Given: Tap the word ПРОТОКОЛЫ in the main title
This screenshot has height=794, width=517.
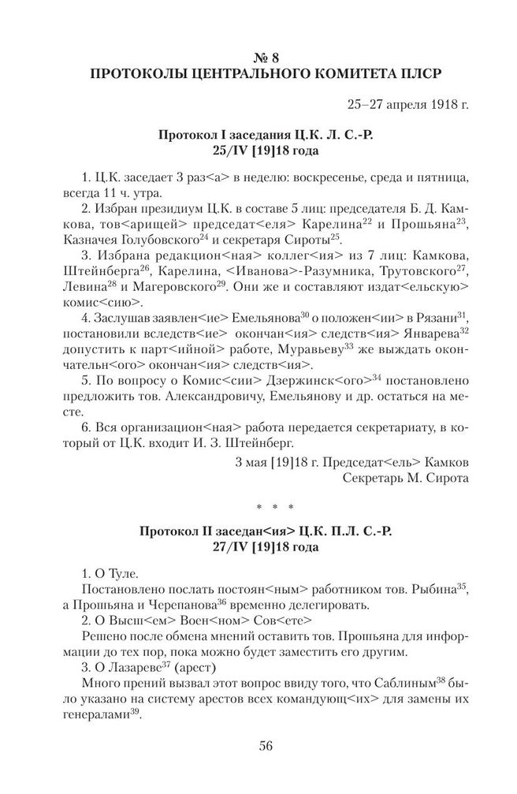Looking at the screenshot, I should click(x=136, y=75).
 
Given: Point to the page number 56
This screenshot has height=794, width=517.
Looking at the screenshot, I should click(x=258, y=747).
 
